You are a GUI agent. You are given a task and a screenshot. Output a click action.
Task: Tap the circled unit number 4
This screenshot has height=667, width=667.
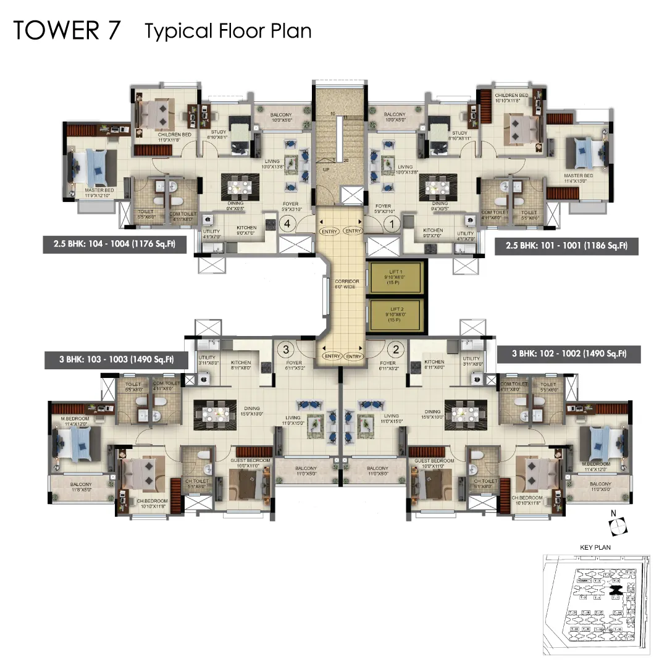[287, 225]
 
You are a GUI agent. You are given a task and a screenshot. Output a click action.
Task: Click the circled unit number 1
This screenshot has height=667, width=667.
[390, 225]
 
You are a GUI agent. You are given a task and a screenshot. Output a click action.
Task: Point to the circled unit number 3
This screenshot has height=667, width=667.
[285, 350]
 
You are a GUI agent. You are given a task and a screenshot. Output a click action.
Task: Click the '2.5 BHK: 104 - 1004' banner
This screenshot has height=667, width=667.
[114, 245]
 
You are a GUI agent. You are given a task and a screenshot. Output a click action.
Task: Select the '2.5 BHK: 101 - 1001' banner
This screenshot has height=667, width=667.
[566, 245]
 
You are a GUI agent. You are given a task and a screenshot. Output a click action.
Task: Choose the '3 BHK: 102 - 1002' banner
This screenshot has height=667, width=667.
[568, 354]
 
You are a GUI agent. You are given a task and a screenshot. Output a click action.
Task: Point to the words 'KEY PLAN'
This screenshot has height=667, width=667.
[595, 547]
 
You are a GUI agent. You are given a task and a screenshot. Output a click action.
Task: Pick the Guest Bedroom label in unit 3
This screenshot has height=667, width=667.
[247, 463]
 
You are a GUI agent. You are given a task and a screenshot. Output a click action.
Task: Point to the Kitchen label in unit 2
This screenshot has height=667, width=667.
[434, 364]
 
